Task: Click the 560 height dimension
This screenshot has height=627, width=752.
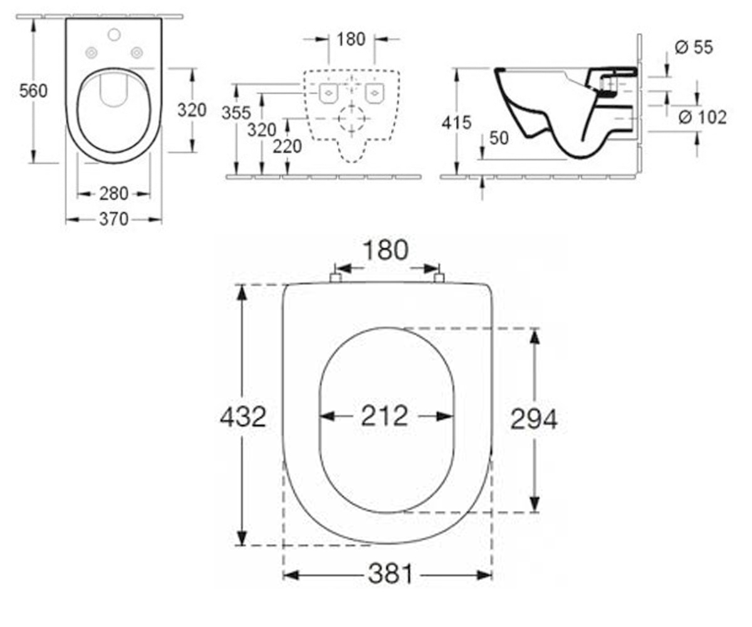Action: tap(33, 91)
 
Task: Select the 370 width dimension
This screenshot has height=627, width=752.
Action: tap(114, 219)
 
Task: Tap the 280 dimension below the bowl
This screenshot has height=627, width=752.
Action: tap(114, 194)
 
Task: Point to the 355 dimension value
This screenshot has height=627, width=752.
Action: tap(236, 113)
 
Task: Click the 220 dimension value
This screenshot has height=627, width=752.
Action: tap(287, 146)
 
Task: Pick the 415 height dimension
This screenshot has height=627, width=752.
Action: tap(457, 122)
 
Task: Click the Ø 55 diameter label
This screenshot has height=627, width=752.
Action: tap(694, 48)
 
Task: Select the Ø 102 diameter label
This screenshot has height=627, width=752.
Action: tap(702, 117)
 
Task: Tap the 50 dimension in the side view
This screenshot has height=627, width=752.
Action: tap(499, 138)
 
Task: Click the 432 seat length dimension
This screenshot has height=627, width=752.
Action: tap(243, 417)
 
